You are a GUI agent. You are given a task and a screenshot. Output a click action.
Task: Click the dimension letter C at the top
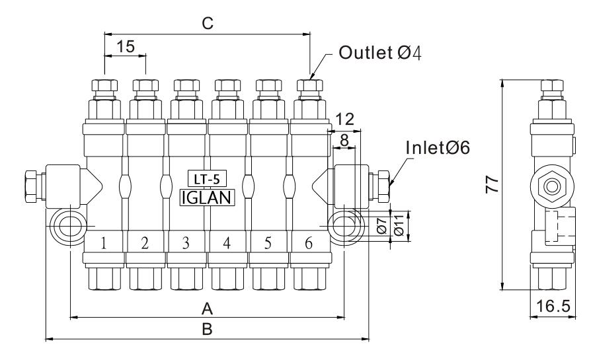point(208,24)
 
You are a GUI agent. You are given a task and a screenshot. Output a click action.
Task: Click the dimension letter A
point(207,308)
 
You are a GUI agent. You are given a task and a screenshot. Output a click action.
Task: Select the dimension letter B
point(207,330)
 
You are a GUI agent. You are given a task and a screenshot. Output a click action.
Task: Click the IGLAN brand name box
point(207,195)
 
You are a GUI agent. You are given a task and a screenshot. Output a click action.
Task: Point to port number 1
point(104,243)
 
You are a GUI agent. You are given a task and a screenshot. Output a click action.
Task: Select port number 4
point(227,243)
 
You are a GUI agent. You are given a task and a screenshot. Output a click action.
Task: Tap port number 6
point(309,243)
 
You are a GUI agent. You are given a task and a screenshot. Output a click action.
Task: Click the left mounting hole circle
point(66,226)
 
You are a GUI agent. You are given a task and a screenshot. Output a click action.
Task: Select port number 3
point(186,243)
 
